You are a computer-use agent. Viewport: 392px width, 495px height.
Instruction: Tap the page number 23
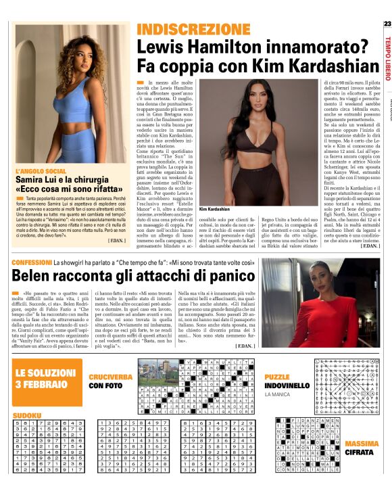(x=387, y=24)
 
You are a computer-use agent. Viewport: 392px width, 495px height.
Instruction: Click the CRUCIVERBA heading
(x=109, y=376)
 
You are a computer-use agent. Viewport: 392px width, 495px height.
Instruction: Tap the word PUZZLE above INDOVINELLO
(x=277, y=376)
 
